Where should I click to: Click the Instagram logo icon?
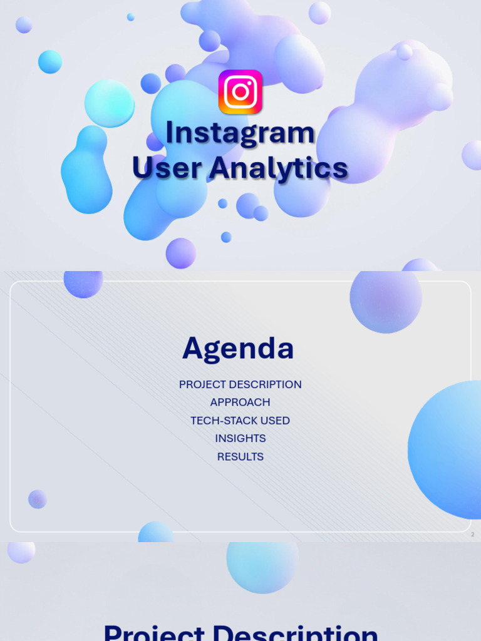click(240, 92)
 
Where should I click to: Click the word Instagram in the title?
click(240, 133)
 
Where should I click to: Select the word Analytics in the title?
click(279, 168)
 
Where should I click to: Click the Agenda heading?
click(238, 349)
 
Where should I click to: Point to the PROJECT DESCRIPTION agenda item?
click(240, 384)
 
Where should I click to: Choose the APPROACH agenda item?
click(240, 403)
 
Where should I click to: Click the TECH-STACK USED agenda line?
click(240, 421)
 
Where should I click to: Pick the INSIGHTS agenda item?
click(240, 438)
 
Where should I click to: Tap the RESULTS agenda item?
click(240, 456)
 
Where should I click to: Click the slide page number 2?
click(472, 535)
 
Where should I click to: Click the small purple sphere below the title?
click(181, 253)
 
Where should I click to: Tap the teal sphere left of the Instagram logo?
click(110, 103)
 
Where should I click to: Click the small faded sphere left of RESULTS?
click(38, 499)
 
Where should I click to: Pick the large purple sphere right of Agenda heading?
click(385, 299)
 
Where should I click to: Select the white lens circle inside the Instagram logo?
click(240, 92)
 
